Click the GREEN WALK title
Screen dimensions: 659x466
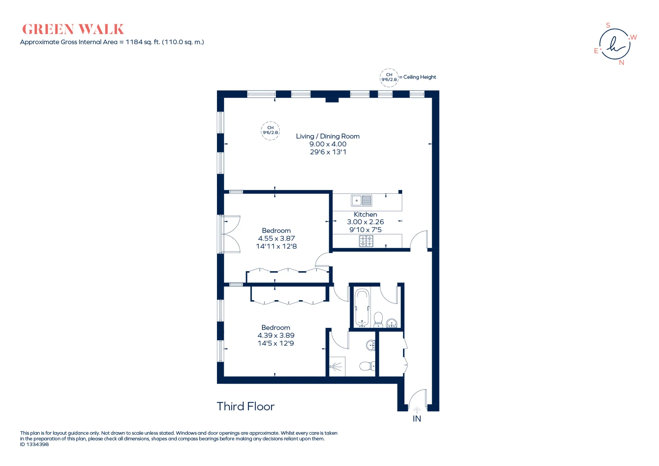point(73,30)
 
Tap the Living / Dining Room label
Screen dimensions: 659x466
point(328,136)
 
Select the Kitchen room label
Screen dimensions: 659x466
point(365,214)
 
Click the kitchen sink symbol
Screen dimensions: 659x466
point(361,200)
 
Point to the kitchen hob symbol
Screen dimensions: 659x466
point(366,241)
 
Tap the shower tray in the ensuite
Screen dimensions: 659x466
point(337,366)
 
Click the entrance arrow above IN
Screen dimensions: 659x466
point(417,410)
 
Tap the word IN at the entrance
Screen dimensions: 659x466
point(417,419)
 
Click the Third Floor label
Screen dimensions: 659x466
point(245,407)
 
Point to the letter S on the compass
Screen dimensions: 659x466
point(608,25)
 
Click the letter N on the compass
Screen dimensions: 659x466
point(621,62)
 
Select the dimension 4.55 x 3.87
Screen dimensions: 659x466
point(276,238)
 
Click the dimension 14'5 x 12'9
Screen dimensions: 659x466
point(276,343)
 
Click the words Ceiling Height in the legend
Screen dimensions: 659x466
point(419,77)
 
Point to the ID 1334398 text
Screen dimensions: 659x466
point(34,444)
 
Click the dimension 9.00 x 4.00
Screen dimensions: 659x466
point(328,144)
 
